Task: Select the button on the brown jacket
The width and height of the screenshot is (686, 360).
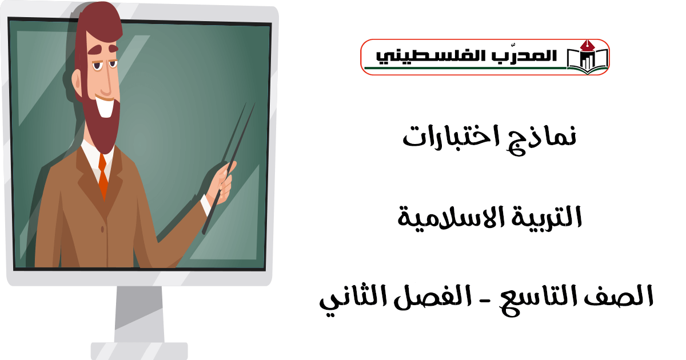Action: pos(102,229)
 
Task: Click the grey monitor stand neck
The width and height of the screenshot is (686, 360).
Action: pos(139,314)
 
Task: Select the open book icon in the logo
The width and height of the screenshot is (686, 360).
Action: pos(588,58)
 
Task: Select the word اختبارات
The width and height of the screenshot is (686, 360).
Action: pos(450,136)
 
